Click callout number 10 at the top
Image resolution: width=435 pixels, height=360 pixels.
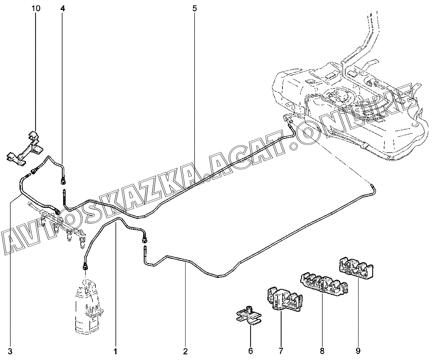[36, 8]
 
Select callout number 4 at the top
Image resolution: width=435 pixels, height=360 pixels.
[63, 8]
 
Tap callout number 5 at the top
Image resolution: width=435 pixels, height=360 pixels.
[194, 8]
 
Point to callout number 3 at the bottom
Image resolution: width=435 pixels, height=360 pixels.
[10, 352]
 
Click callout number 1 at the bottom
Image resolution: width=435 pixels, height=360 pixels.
[115, 352]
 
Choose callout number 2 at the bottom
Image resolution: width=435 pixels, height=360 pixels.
[185, 352]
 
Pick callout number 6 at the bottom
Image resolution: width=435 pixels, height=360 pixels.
[251, 351]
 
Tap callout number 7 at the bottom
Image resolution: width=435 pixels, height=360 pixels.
[281, 351]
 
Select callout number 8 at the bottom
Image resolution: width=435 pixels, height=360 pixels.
[322, 351]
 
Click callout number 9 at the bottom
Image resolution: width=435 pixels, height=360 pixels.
[358, 351]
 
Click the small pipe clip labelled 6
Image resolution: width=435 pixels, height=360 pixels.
[249, 317]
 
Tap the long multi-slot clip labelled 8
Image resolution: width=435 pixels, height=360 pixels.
[324, 284]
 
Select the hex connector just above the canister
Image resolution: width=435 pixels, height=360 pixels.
[85, 267]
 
